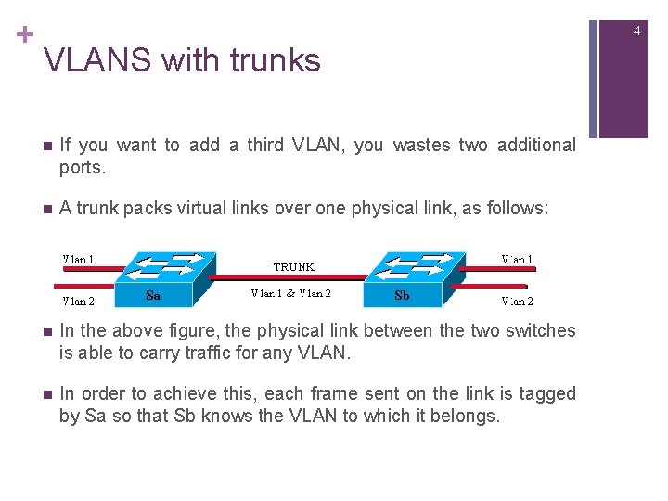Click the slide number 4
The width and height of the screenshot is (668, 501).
tap(637, 32)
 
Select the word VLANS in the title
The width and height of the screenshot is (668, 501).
tap(97, 60)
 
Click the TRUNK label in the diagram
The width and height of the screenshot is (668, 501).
tap(293, 266)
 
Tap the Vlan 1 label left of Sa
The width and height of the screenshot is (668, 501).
tap(78, 259)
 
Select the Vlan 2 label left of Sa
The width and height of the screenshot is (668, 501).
tap(78, 300)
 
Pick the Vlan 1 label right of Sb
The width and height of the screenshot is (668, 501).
tap(517, 259)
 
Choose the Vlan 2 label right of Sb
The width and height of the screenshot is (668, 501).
tap(517, 300)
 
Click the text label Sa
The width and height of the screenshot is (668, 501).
tap(154, 295)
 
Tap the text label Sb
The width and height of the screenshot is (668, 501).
tap(402, 295)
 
